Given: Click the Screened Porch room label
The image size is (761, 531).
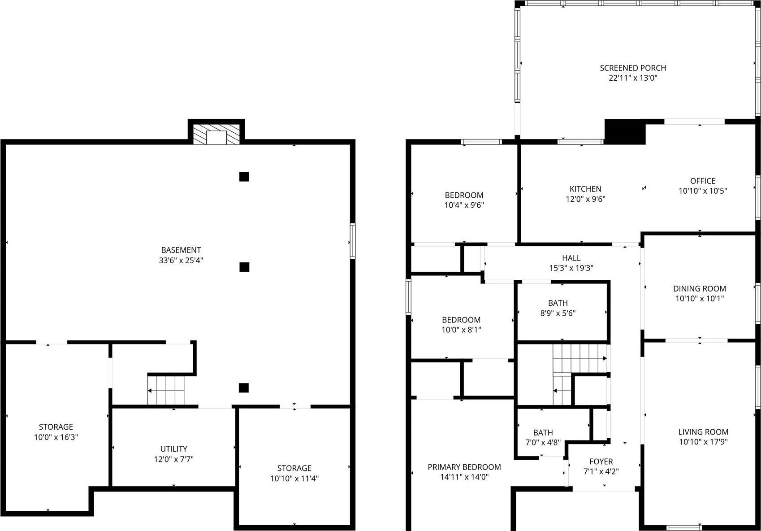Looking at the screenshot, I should coord(633,68).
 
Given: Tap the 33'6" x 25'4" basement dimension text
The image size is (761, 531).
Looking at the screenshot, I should coord(181,260).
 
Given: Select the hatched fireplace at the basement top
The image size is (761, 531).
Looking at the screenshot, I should coord(216,134).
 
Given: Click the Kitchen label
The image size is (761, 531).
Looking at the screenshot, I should coord(585,189).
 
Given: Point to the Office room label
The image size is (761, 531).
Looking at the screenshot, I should coord(703,181).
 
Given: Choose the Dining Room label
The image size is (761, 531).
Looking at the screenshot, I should coord(700,289).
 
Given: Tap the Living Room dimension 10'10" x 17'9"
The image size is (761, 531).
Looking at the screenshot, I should coord(703,442).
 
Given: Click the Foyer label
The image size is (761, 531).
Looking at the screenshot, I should coord(601,461).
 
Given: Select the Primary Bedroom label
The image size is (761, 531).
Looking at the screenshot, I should coord(464,467).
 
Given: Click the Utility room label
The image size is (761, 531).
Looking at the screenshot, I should coord(174,449).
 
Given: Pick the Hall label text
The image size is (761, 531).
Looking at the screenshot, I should coord(571,258).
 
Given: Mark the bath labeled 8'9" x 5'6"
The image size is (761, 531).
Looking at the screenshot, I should coord(558,308).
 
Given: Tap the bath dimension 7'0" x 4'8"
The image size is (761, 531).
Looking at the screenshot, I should coord(543,443).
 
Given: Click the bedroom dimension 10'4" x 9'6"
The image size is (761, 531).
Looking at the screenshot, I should coord(464,205).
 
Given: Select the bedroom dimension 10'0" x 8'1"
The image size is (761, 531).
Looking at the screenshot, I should coord(462,330).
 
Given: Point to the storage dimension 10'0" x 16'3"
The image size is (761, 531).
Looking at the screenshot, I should coord(56,437).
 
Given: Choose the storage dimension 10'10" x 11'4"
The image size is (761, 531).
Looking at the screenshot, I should coord(294,479).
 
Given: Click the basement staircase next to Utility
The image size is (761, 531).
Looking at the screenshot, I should coord(166,390).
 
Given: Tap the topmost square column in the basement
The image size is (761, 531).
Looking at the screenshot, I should coord(244,177).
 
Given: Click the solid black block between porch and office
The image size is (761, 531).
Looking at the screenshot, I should coord(625,131).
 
